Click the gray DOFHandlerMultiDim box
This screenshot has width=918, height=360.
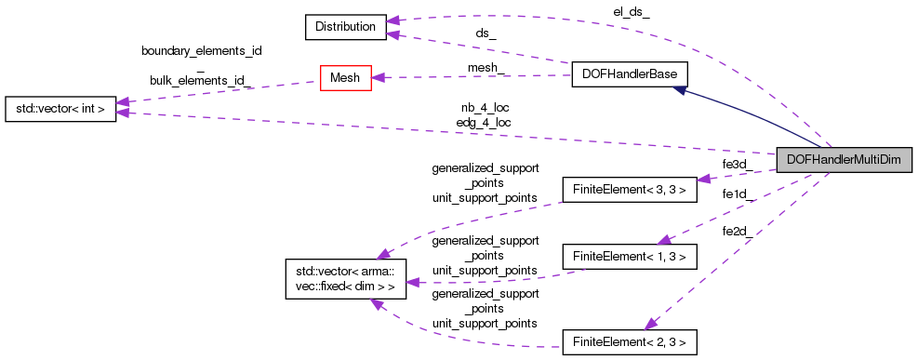coord(844,160)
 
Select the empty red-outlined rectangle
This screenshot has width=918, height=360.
coord(346,78)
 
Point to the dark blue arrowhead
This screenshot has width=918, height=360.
coord(680,90)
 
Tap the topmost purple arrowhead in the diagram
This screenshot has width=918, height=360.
coord(393,20)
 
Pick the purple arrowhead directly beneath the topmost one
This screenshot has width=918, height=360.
coord(393,35)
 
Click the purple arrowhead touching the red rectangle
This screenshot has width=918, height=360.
coord(378,78)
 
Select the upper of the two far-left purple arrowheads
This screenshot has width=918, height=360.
coord(122,101)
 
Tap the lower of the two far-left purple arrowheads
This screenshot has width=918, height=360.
coord(122,113)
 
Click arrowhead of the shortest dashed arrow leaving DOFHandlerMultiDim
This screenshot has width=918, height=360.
coord(704,179)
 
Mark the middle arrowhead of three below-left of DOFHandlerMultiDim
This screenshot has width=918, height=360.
coord(663,240)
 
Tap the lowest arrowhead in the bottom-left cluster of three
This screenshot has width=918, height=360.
coord(376,304)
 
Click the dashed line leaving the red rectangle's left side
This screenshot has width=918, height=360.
coord(223,91)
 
